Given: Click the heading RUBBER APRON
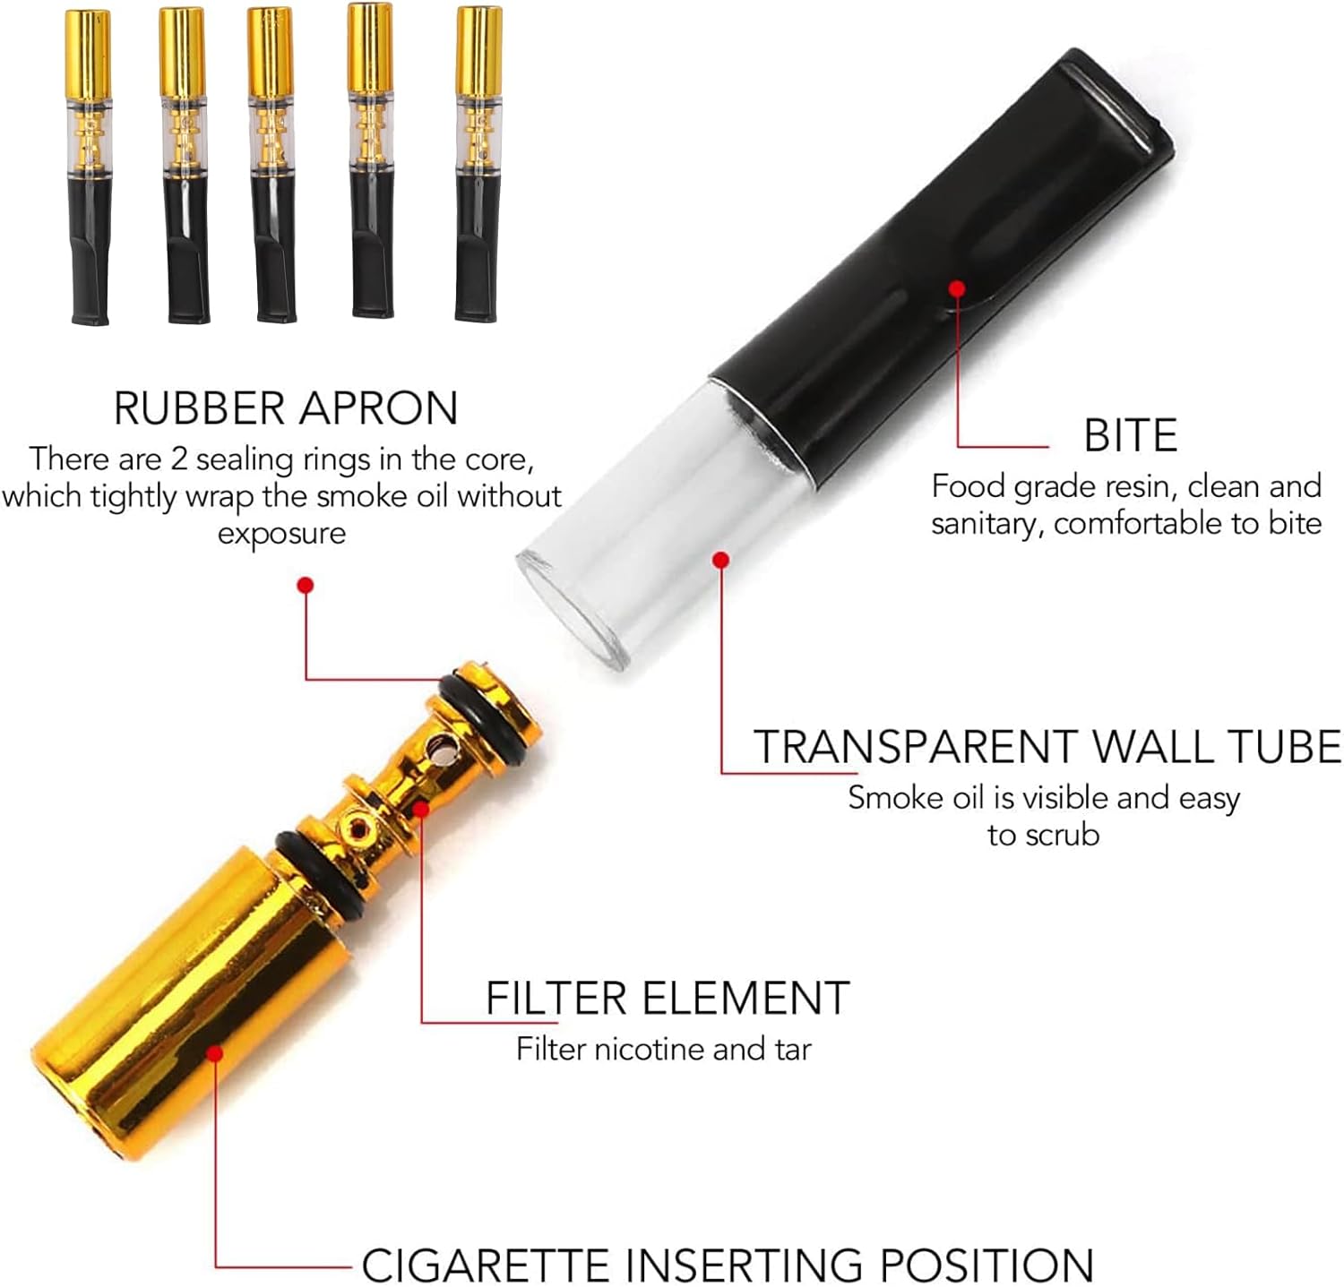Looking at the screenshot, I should coord(285,408).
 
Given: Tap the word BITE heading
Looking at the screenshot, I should coord(1130,436).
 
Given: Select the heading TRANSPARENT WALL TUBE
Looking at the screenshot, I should coord(1047,747).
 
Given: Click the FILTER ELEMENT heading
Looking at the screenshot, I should coord(668,998).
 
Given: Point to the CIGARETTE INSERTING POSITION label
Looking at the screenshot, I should coord(727,1265).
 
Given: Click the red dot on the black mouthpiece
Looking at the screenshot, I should coord(957,288).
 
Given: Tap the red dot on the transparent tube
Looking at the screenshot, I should coord(720,560).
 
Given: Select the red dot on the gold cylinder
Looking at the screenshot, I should coord(214,1053).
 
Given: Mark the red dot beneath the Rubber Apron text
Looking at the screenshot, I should coord(306,585).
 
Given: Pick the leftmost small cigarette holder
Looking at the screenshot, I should coord(89,166).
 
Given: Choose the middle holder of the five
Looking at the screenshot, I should coord(271,166).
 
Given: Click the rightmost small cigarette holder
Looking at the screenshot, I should coord(478,166).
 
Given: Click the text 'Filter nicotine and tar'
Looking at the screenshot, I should coord(663,1049).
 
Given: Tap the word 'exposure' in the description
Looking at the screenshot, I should coord(281,534).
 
